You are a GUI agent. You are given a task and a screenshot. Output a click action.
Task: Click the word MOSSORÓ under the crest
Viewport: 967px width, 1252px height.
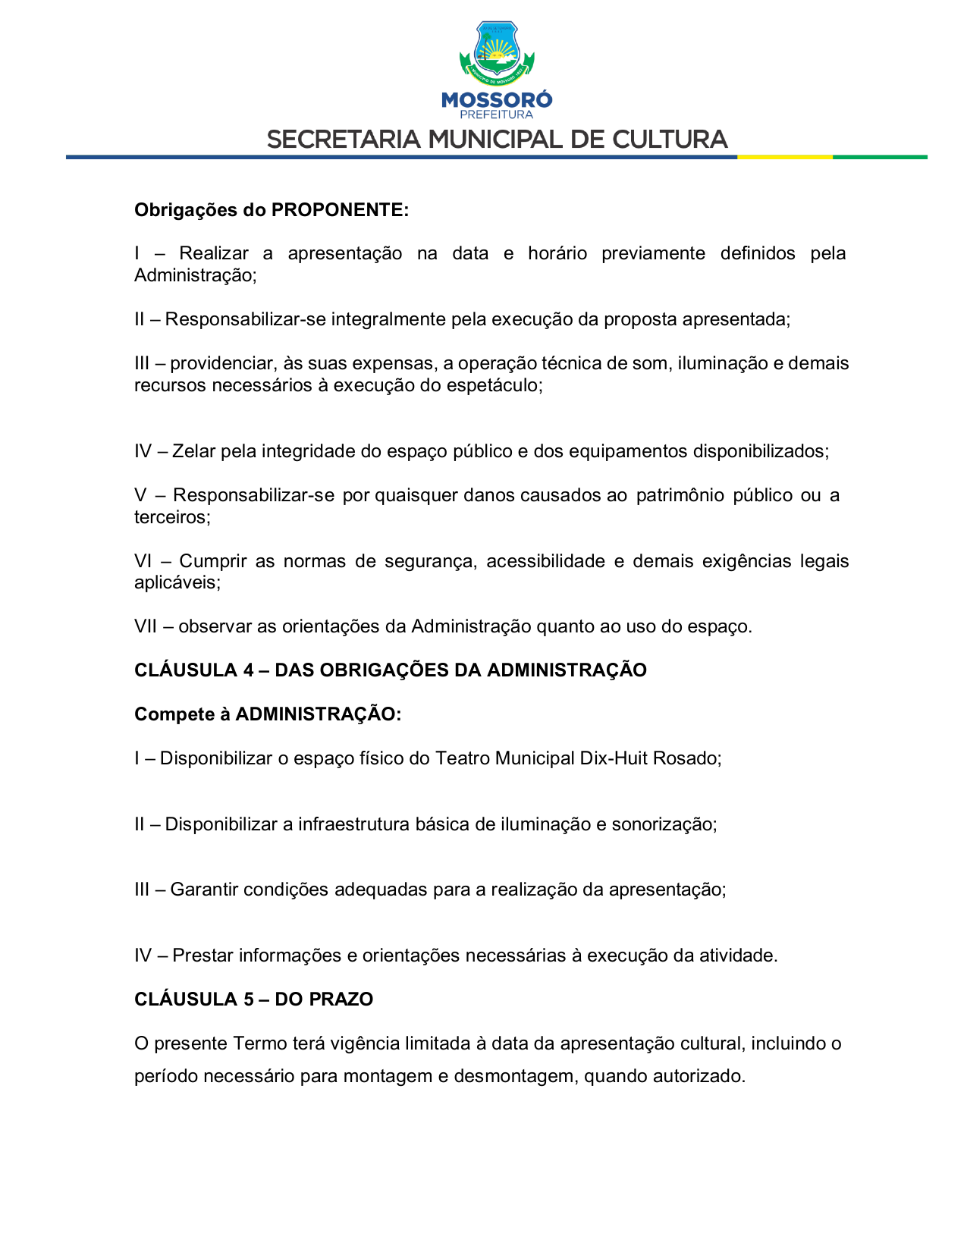coord(497,99)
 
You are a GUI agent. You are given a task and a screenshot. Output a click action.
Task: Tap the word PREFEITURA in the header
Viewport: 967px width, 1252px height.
coord(497,115)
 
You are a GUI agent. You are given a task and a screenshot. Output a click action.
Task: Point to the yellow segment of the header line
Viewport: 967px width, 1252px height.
coord(784,157)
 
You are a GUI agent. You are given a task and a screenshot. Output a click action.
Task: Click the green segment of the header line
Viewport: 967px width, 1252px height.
coord(880,157)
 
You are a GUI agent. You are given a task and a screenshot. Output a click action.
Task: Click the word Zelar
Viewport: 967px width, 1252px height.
coord(193,451)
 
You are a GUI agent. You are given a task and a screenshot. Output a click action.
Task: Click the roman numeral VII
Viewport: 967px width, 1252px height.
coord(145,626)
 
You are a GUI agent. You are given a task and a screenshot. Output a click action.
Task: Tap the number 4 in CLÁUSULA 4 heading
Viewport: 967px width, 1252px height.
coord(249,670)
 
